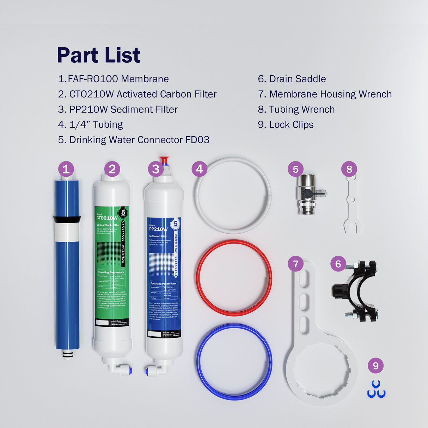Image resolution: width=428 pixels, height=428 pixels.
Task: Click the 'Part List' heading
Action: [x=99, y=55]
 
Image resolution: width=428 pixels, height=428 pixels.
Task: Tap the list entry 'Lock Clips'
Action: [x=286, y=124]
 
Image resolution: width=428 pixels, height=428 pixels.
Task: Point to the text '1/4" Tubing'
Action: [x=91, y=124]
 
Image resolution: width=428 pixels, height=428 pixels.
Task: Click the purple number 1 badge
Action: [x=66, y=169]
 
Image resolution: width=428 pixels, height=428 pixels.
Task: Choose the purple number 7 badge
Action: [x=295, y=264]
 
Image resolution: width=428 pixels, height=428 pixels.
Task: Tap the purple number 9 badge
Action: [x=375, y=366]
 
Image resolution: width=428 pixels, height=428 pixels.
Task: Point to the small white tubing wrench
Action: [x=352, y=204]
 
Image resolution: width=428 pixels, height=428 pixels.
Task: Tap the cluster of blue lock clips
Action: [x=376, y=390]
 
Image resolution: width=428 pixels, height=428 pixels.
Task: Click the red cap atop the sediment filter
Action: [x=164, y=160]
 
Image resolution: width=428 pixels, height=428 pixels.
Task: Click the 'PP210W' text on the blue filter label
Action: [x=158, y=229]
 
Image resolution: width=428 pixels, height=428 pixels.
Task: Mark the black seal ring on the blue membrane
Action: [x=67, y=219]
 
